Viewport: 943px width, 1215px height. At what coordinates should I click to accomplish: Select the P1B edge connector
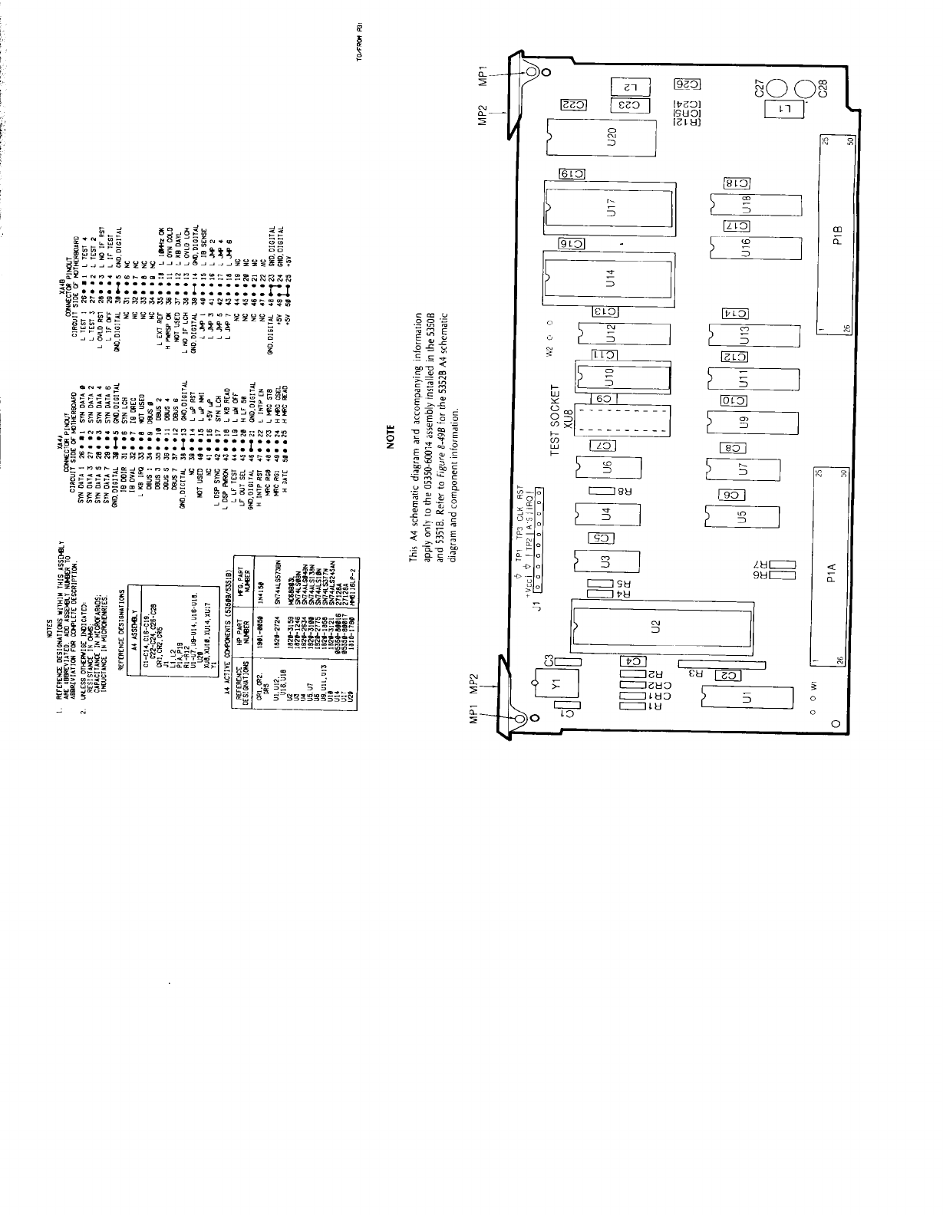pyautogui.click(x=836, y=233)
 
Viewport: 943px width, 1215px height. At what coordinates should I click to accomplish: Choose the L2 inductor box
pyautogui.click(x=631, y=85)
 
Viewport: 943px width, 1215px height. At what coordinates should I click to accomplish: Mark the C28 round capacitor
pyautogui.click(x=807, y=91)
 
